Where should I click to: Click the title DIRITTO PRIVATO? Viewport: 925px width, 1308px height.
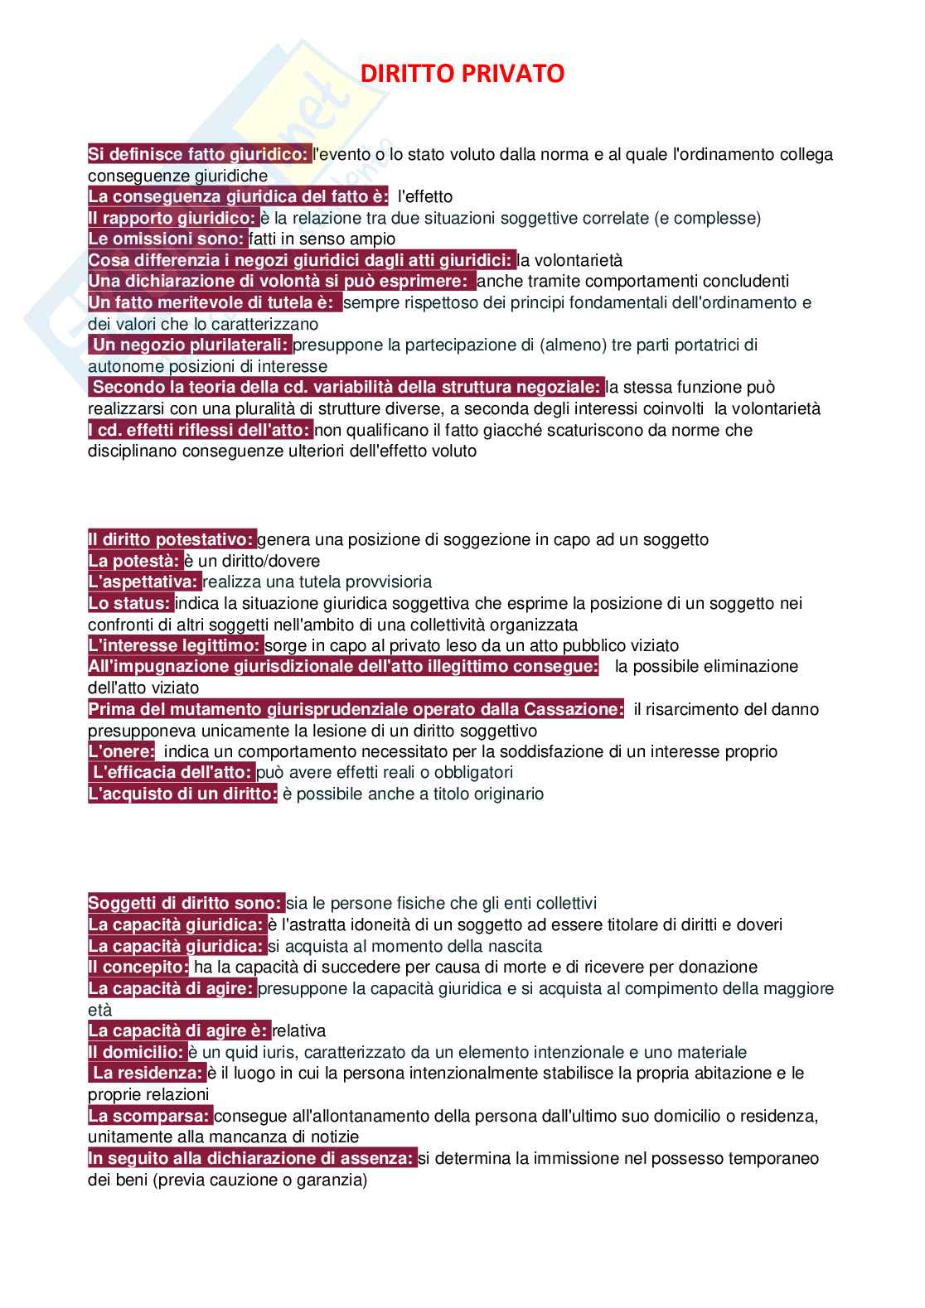pyautogui.click(x=462, y=75)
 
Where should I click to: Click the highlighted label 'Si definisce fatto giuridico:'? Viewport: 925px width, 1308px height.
pyautogui.click(x=199, y=154)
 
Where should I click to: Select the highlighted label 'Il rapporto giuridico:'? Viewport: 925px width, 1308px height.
pyautogui.click(x=172, y=218)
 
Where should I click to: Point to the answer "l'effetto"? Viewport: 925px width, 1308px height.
pyautogui.click(x=425, y=196)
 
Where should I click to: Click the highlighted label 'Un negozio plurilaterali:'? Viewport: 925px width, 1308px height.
pyautogui.click(x=191, y=345)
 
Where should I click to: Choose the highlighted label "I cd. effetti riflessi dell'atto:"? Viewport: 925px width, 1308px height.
pyautogui.click(x=201, y=430)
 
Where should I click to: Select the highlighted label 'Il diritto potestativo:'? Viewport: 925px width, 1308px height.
pyautogui.click(x=172, y=540)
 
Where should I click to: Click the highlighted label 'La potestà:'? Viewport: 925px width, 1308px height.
pyautogui.click(x=134, y=561)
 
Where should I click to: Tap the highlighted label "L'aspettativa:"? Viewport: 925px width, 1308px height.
pyautogui.click(x=144, y=582)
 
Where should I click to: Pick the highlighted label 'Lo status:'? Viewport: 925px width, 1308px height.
pyautogui.click(x=130, y=603)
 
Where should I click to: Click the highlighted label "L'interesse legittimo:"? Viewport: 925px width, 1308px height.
pyautogui.click(x=175, y=645)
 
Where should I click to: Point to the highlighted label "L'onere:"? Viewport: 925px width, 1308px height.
pyautogui.click(x=121, y=751)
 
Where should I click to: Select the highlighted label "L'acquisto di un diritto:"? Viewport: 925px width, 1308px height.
pyautogui.click(x=182, y=794)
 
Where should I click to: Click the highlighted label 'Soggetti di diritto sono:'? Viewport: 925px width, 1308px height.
pyautogui.click(x=186, y=903)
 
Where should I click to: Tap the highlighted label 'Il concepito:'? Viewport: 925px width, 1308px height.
pyautogui.click(x=138, y=967)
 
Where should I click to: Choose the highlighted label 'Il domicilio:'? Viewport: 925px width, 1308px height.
pyautogui.click(x=137, y=1052)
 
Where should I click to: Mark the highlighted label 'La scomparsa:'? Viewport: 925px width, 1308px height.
pyautogui.click(x=149, y=1116)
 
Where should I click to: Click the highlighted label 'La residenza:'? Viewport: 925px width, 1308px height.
pyautogui.click(x=148, y=1074)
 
